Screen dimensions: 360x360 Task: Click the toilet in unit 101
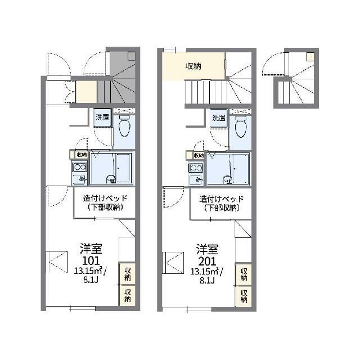point(124,126)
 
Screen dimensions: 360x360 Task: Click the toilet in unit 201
point(241,127)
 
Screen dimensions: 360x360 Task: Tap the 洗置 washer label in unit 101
point(102,118)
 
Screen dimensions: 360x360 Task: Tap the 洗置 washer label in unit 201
point(219,118)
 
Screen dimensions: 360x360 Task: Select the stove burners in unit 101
point(79,168)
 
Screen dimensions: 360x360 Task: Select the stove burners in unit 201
point(196,168)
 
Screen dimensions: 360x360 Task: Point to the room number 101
point(91,260)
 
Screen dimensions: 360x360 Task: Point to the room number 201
point(208,261)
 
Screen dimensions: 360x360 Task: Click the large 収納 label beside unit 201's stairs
point(193,66)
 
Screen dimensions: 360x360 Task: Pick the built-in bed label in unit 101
point(105,202)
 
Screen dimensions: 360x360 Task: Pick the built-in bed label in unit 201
point(221,203)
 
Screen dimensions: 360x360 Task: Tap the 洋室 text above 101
point(91,249)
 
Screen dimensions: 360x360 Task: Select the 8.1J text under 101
point(91,280)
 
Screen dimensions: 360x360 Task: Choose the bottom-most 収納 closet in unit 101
point(127,295)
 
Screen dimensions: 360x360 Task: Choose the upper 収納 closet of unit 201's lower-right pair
point(244,274)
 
